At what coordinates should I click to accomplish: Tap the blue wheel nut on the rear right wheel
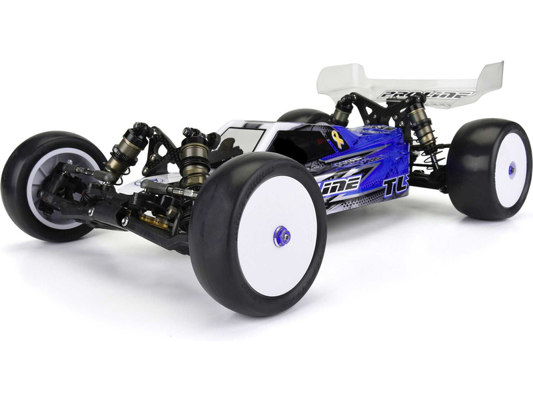[512, 169]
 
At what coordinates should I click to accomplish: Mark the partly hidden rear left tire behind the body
[300, 117]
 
